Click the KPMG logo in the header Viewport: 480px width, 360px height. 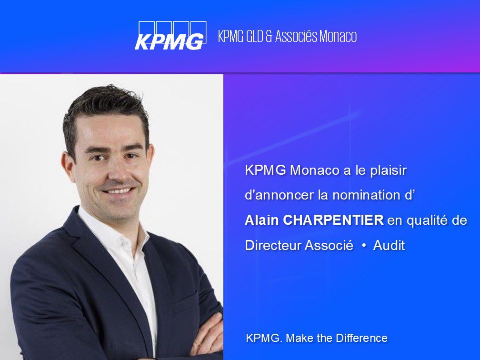[170, 35]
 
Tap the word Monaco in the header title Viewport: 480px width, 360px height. [338, 36]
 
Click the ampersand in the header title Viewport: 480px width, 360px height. [269, 36]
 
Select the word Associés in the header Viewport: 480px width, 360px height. [296, 36]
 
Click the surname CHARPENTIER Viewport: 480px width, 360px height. [333, 220]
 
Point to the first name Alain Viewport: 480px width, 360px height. [262, 220]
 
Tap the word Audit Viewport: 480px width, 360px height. [389, 245]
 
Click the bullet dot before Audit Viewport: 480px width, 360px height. [364, 246]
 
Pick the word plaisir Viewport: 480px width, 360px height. [389, 170]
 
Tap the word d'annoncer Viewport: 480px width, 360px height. [280, 195]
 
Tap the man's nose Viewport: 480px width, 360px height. [118, 173]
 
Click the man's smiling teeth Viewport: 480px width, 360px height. [119, 191]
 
